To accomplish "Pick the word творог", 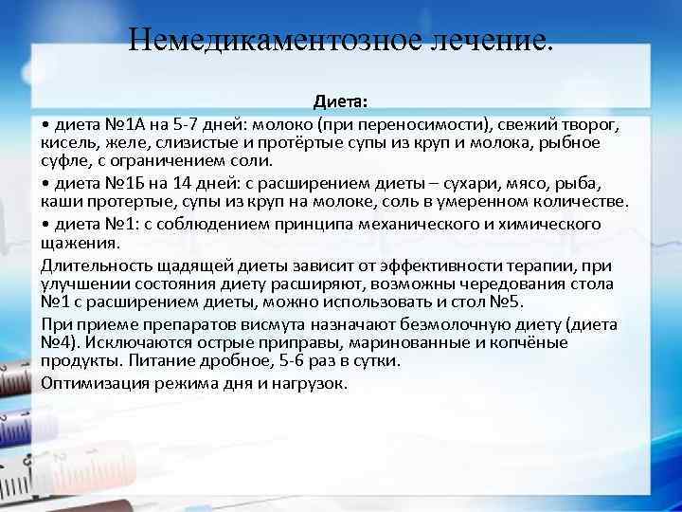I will [x=594, y=125].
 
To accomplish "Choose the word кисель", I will [x=64, y=142].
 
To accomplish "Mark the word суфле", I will [x=63, y=159].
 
